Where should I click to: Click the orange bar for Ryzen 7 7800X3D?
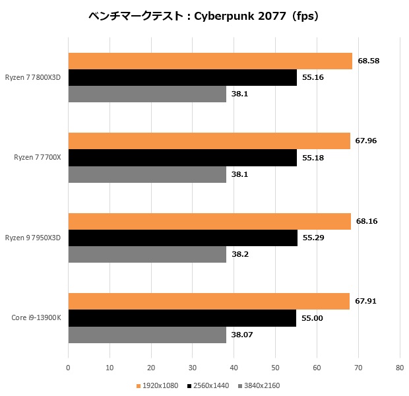click(210, 61)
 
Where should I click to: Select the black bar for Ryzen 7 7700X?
click(182, 158)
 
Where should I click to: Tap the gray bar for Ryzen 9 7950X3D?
click(146, 254)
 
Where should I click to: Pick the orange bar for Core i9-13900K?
click(208, 301)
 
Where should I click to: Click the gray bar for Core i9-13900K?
click(146, 335)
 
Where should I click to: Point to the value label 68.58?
click(368, 61)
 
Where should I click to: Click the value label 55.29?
click(313, 238)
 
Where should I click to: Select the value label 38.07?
click(241, 335)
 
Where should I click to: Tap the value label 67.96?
click(366, 141)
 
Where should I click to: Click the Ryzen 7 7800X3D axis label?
click(32, 77)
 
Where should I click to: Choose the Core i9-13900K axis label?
click(36, 318)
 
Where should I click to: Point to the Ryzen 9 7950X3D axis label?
click(32, 238)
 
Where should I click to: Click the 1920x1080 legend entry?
click(158, 385)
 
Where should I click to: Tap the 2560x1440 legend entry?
click(208, 385)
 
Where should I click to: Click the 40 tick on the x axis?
click(234, 368)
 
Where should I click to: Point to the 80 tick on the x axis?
click(399, 368)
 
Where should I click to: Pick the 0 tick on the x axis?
click(68, 368)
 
